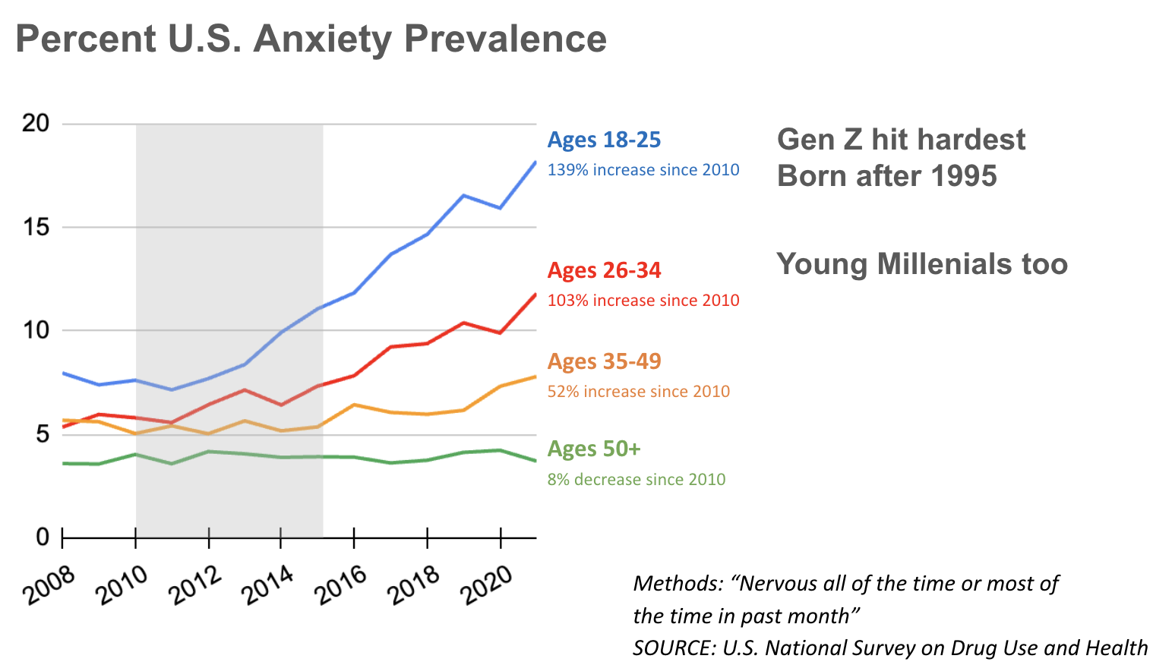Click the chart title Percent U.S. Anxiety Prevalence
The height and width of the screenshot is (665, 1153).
coord(311,39)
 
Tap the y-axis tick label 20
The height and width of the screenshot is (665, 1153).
coord(36,123)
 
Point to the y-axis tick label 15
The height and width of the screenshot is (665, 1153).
coord(36,227)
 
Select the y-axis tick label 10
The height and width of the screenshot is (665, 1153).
coord(36,330)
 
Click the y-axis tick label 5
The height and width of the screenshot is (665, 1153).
coord(42,434)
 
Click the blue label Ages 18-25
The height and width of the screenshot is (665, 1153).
coord(604,140)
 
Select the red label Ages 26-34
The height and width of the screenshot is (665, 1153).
coord(604,270)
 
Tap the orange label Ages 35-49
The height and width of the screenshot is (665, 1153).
coord(604,361)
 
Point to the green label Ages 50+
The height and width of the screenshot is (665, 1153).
coord(594,449)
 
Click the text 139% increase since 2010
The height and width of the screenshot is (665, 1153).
coord(643,170)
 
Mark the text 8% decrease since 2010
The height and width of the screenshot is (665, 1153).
coord(637,480)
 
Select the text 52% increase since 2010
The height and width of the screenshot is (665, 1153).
coord(639,392)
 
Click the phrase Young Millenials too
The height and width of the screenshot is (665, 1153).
coord(922,264)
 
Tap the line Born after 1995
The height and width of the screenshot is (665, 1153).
coord(886,176)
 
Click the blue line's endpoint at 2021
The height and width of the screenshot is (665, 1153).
coord(535,162)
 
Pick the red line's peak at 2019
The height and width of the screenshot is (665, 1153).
coord(463,323)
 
